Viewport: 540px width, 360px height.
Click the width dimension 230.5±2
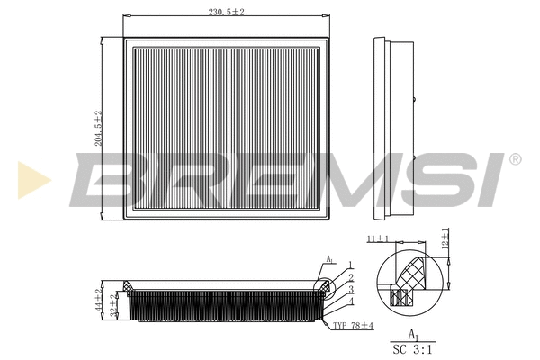(225, 11)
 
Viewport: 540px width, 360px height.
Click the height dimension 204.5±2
(99, 128)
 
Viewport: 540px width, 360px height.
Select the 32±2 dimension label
(113, 305)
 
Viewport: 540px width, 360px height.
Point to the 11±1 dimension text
(378, 240)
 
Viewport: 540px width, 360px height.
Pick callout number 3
(350, 289)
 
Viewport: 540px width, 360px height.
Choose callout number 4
(350, 301)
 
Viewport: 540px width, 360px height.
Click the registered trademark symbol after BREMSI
(515, 159)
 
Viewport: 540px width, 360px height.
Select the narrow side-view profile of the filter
(394, 128)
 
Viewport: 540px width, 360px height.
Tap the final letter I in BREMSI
(490, 180)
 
